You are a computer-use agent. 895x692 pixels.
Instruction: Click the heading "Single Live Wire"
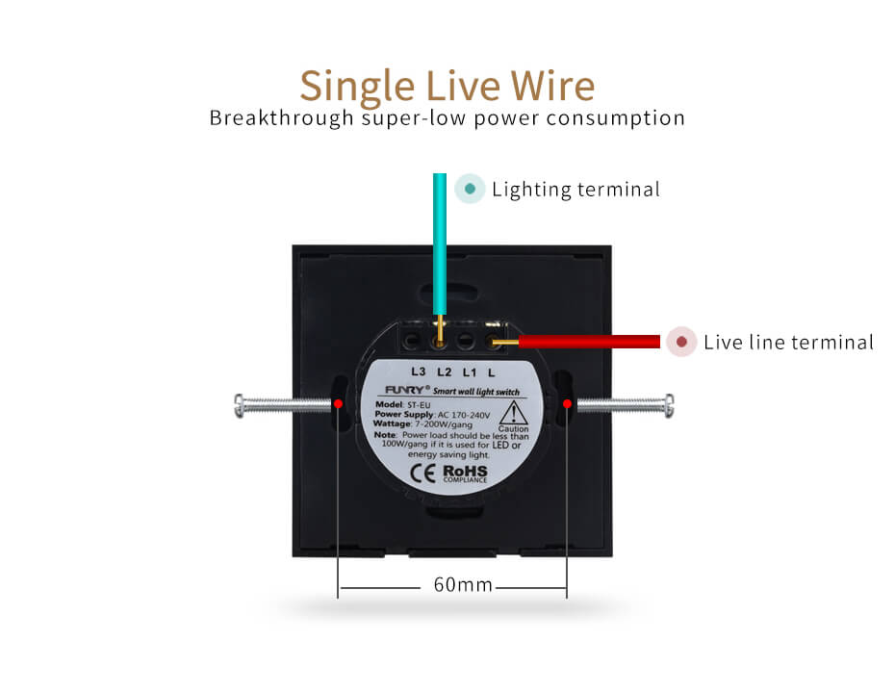(447, 85)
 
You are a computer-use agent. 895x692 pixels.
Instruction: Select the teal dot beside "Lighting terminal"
(469, 189)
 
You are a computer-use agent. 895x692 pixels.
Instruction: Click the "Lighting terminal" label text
(575, 189)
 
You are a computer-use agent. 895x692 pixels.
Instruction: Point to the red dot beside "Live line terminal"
(681, 342)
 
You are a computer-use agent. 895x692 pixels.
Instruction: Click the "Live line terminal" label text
(788, 342)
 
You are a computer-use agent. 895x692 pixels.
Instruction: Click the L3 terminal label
(418, 372)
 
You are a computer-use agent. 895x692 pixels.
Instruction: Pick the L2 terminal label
(444, 372)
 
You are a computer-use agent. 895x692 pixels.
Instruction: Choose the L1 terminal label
(470, 372)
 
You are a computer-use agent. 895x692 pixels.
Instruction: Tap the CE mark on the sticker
(422, 473)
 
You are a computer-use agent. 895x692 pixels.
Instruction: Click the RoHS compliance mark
(465, 473)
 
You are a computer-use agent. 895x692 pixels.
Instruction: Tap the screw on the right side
(622, 405)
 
